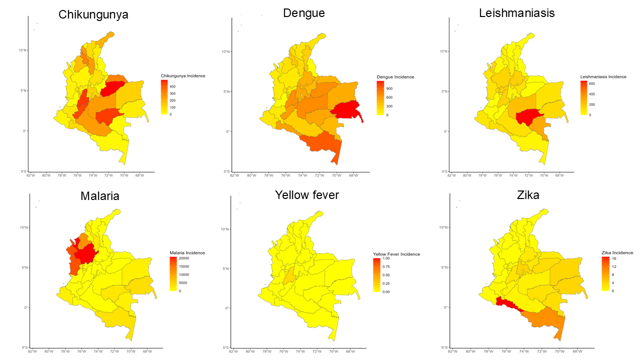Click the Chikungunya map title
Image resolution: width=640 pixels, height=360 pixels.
tap(93, 14)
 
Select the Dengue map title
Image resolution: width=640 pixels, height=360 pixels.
tap(304, 13)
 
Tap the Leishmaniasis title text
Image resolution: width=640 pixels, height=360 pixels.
tap(516, 13)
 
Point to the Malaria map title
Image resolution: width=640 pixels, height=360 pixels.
tap(100, 196)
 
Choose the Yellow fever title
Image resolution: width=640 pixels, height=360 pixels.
tap(307, 194)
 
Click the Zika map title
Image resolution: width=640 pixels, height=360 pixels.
tap(522, 195)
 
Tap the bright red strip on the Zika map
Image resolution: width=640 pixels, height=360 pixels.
tap(507, 303)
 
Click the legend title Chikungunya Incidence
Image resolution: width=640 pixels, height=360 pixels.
tap(183, 76)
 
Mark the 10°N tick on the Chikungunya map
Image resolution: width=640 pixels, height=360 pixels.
tap(23, 50)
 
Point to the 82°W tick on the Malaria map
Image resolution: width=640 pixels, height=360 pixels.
tap(33, 351)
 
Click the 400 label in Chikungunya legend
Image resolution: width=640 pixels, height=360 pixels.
tap(172, 86)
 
